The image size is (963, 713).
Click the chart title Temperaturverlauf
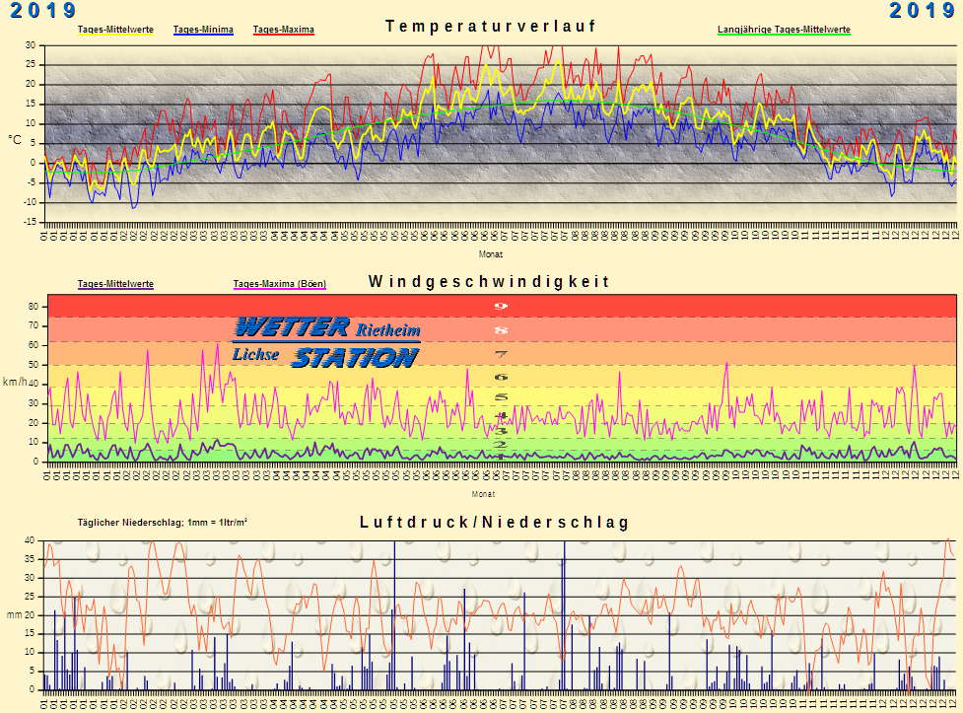point(490,26)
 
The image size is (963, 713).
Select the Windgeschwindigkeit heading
point(489,281)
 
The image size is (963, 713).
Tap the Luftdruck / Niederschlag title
point(494,522)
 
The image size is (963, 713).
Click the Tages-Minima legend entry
point(203,30)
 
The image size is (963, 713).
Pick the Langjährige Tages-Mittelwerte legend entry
point(784,30)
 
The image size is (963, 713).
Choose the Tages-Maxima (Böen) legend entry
point(279,284)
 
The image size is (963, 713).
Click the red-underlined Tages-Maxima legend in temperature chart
point(283,30)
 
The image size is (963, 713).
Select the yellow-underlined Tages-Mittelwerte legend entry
point(115,30)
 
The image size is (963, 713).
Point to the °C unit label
point(15,140)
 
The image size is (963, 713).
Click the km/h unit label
point(15,382)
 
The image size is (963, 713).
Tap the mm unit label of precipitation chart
point(14,614)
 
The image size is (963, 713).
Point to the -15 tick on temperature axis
point(30,222)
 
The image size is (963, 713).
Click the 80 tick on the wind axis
point(32,307)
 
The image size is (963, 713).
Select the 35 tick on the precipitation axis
point(30,559)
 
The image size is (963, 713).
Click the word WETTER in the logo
point(292,326)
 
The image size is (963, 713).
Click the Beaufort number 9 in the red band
point(500,306)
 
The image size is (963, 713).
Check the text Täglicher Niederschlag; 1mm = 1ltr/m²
point(163,522)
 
